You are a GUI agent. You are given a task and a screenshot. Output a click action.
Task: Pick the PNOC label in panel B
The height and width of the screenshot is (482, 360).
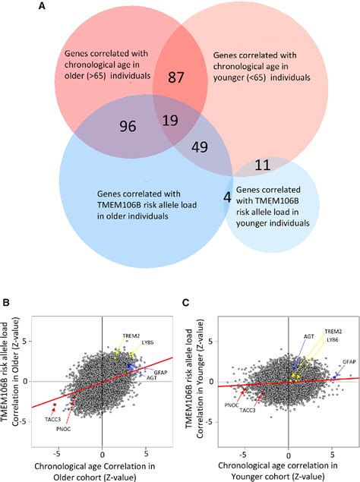pyautogui.click(x=64, y=429)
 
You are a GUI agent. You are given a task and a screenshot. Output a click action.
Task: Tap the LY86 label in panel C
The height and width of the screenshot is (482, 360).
pyautogui.click(x=333, y=340)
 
